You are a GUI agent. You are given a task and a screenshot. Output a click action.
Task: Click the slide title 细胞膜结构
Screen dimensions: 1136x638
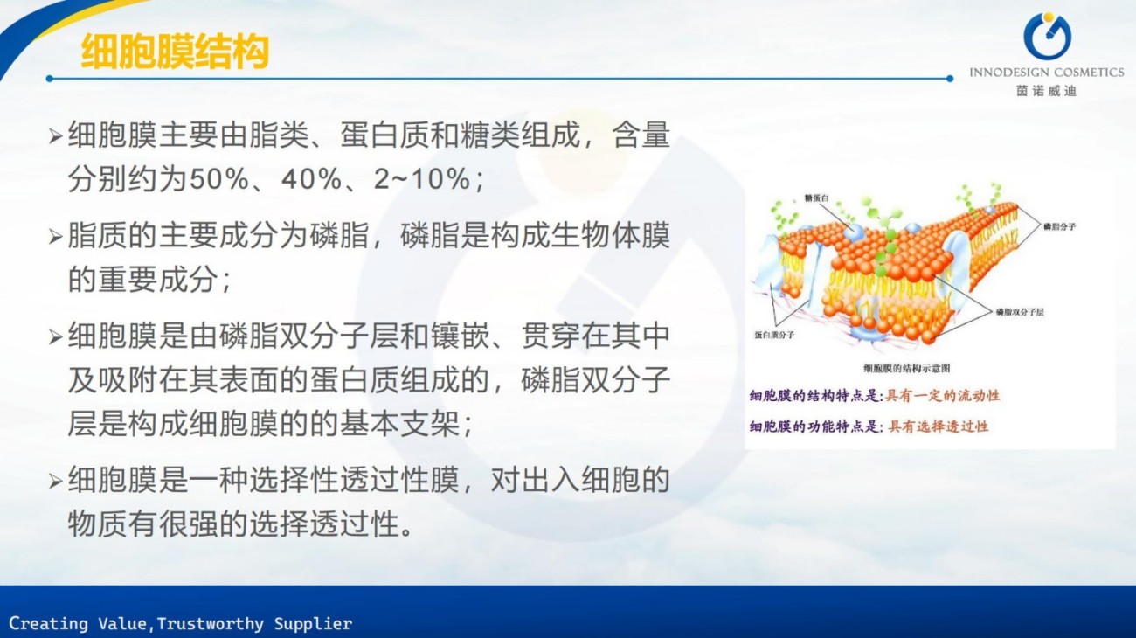coord(175,52)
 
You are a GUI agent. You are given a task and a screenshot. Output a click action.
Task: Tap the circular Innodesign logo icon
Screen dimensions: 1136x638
coord(1047,37)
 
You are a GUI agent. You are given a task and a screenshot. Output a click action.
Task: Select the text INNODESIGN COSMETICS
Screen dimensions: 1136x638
coord(1047,73)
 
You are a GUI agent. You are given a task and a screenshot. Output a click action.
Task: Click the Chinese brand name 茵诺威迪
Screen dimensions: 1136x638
coord(1047,91)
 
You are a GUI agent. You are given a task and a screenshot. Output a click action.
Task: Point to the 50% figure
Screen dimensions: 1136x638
coord(219,179)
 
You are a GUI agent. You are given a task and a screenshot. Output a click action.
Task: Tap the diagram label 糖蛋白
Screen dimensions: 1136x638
coord(816,198)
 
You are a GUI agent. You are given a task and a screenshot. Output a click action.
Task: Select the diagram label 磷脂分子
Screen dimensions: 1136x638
coord(1059,226)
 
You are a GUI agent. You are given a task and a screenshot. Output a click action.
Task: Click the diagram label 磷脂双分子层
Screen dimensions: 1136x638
coord(1020,312)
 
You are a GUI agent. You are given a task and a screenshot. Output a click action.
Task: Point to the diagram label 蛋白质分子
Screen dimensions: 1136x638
coord(774,335)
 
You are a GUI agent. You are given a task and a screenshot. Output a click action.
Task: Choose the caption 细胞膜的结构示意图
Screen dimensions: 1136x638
coord(906,368)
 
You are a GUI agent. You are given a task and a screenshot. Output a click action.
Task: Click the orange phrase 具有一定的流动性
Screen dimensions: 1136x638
coord(942,396)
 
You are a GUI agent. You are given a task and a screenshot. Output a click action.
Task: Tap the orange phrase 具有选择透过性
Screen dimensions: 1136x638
coord(939,426)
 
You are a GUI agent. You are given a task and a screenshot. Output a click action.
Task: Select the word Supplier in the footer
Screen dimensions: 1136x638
coord(313,623)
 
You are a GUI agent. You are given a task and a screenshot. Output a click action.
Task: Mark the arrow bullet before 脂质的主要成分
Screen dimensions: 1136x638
coord(55,237)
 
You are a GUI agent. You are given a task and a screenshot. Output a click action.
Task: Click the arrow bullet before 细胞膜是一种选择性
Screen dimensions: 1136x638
coord(55,481)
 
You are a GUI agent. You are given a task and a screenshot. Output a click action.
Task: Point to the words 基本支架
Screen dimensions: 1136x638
coord(399,424)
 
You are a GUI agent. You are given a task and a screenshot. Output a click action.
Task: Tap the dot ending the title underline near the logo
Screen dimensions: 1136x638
coord(949,79)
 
